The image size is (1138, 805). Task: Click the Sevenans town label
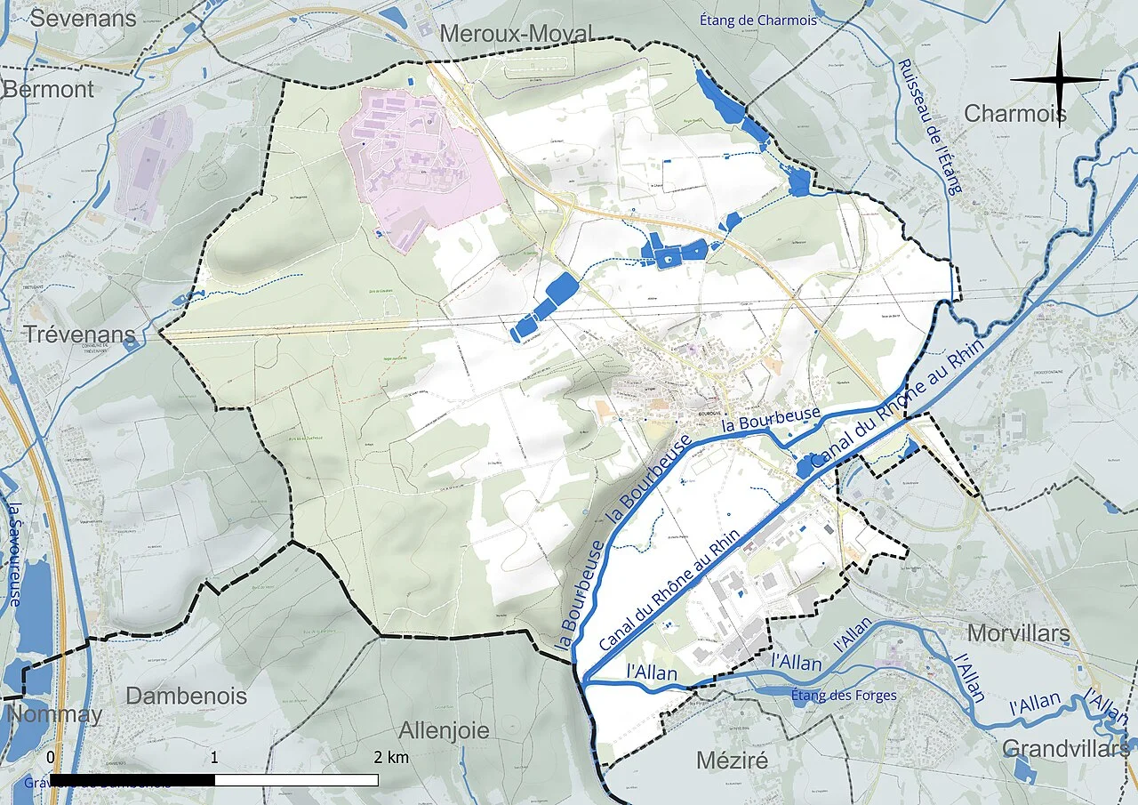pyautogui.click(x=84, y=18)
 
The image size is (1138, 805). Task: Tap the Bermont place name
pyautogui.click(x=48, y=89)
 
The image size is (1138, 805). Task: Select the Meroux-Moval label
pyautogui.click(x=517, y=34)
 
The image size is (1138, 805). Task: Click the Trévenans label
pyautogui.click(x=68, y=335)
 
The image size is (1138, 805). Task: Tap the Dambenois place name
pyautogui.click(x=186, y=696)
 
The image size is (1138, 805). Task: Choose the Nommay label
pyautogui.click(x=53, y=714)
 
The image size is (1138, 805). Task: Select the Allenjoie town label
pyautogui.click(x=444, y=730)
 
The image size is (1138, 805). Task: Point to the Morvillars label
pyautogui.click(x=1018, y=633)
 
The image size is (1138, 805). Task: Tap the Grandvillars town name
pyautogui.click(x=1067, y=749)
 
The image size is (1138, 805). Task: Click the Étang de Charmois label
pyautogui.click(x=757, y=20)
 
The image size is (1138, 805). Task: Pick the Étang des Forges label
pyautogui.click(x=844, y=696)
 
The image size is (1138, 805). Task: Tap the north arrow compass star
pyautogui.click(x=1060, y=80)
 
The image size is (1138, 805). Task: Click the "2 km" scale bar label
pyautogui.click(x=391, y=757)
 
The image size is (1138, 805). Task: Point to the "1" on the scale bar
pyautogui.click(x=215, y=757)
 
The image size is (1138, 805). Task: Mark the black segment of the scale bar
pyautogui.click(x=132, y=779)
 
